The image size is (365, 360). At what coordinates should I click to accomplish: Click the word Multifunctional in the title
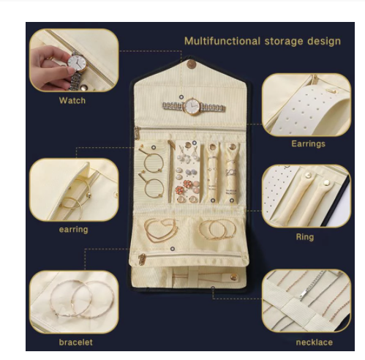tap(222, 41)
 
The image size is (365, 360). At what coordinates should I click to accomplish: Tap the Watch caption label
tap(72, 100)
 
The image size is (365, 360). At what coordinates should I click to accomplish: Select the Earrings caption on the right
tap(308, 143)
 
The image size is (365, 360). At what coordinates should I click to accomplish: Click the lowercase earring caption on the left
tap(73, 229)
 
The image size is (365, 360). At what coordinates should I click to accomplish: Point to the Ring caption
tap(305, 237)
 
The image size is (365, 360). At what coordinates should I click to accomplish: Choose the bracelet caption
tap(75, 342)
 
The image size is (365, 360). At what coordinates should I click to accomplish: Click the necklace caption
tap(315, 342)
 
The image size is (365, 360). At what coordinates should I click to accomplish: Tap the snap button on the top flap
tap(192, 64)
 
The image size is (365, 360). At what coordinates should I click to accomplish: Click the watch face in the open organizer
tap(192, 106)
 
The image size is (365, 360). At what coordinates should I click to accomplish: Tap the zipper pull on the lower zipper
tap(142, 259)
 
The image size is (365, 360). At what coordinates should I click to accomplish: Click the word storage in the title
tap(284, 41)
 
